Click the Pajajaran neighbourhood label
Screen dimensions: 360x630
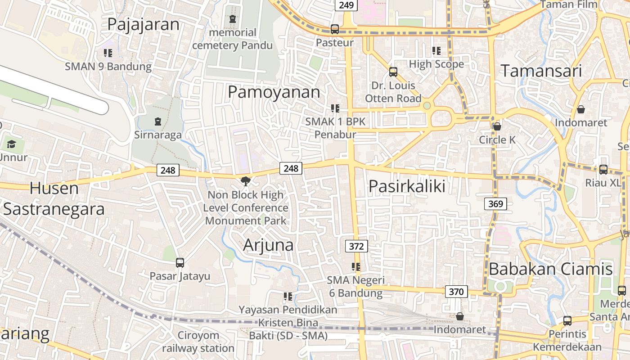tap(143, 24)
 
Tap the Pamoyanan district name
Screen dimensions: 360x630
tap(274, 92)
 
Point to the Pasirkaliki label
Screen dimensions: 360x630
tap(407, 186)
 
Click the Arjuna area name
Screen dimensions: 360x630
tap(268, 245)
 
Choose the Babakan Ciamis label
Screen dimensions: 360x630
tap(550, 269)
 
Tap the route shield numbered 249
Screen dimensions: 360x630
tap(346, 5)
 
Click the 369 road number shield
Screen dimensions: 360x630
tap(495, 204)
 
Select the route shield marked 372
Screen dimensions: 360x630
tap(356, 246)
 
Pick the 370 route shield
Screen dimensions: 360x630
tap(456, 292)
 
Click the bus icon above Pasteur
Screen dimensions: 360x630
tap(334, 29)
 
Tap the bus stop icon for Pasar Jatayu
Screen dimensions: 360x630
tap(180, 262)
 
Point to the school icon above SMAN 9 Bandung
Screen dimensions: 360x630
tap(108, 53)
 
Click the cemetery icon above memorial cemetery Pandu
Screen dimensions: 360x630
tap(232, 19)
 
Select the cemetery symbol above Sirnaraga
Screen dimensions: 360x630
tap(157, 121)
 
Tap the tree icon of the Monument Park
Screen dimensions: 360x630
tap(246, 181)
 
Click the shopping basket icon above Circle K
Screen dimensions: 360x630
tap(497, 126)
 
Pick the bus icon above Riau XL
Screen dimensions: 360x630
tap(603, 169)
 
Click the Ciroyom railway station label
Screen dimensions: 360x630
tap(198, 342)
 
